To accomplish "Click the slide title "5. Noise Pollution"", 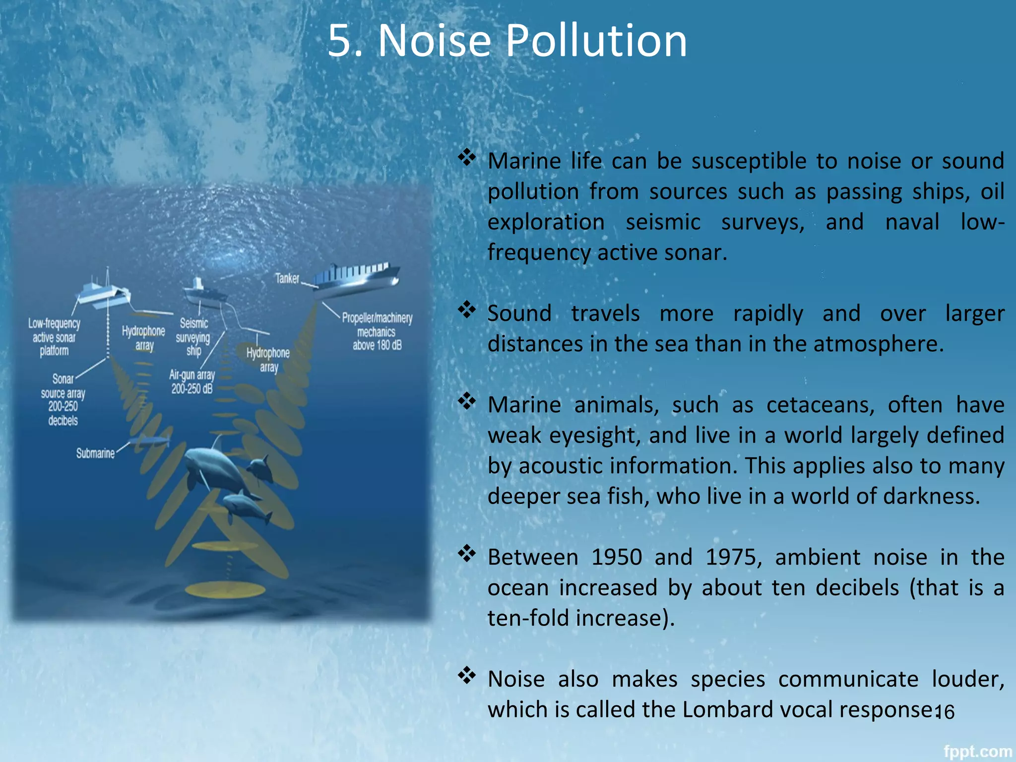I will tap(507, 41).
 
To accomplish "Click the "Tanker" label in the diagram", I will tap(287, 278).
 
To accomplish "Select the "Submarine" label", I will tap(95, 453).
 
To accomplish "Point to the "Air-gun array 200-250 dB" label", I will tap(192, 381).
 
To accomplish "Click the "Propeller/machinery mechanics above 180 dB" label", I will tap(377, 331).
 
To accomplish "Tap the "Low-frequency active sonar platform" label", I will tap(54, 337).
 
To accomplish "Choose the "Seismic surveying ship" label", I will tap(193, 337).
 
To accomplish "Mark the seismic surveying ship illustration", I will tap(203, 293).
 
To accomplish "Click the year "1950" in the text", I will tap(617, 557).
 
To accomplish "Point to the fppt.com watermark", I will tap(977, 752).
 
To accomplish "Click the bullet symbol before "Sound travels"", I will tap(466, 310).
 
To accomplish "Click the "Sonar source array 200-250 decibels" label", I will tap(63, 399).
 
